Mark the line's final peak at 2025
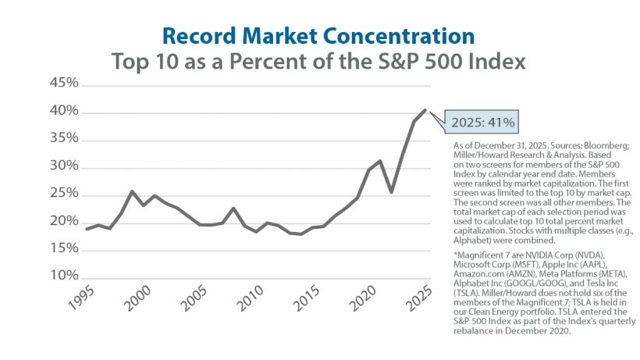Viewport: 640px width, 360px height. click(425, 110)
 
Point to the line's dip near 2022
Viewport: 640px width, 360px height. click(391, 192)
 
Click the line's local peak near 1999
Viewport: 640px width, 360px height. click(132, 191)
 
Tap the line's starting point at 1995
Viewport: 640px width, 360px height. click(86, 229)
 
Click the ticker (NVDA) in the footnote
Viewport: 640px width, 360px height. click(610, 255)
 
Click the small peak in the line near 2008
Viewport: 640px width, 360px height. click(233, 209)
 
